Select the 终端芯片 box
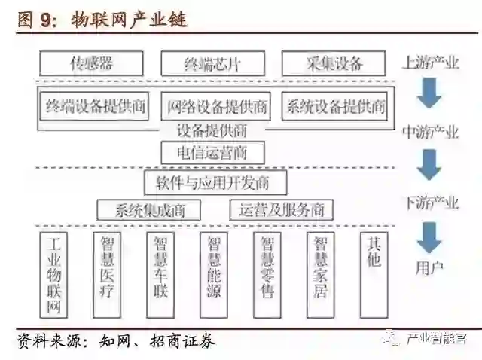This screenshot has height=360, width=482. pos(213,63)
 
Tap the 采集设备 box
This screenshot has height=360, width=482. pos(334,63)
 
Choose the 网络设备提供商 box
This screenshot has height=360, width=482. pos(218,106)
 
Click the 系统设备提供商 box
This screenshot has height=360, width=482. pos(335,106)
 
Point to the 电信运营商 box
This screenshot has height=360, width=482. pos(213,154)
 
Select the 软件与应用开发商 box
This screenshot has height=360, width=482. pos(213,182)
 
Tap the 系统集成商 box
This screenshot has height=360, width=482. pos(151,210)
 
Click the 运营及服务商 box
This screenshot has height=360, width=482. pos(281,210)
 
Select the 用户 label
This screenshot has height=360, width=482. pos(429,266)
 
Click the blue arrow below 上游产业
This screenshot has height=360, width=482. pos(430,93)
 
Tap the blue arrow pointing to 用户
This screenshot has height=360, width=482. pos(430,238)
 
